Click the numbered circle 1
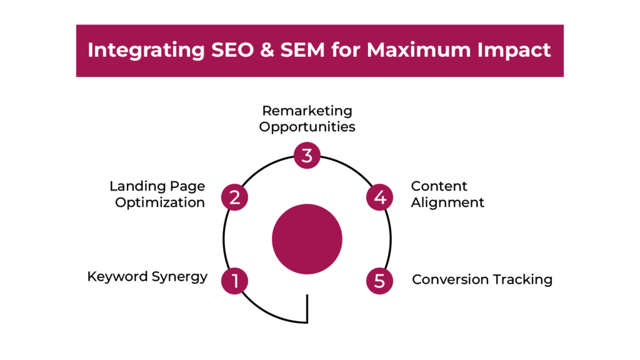(x=235, y=281)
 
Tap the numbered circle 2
(x=235, y=197)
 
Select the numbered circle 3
(x=307, y=156)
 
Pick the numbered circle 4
(x=379, y=197)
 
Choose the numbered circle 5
(x=379, y=281)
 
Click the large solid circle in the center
(x=307, y=239)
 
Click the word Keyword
(x=117, y=277)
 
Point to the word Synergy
(x=179, y=277)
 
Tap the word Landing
(x=137, y=186)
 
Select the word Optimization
(x=160, y=203)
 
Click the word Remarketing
(x=307, y=111)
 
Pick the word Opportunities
(x=307, y=127)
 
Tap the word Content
(x=439, y=186)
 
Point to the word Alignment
(x=447, y=202)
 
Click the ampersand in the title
(x=267, y=50)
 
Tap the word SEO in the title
(x=232, y=50)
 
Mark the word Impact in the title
(x=514, y=51)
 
